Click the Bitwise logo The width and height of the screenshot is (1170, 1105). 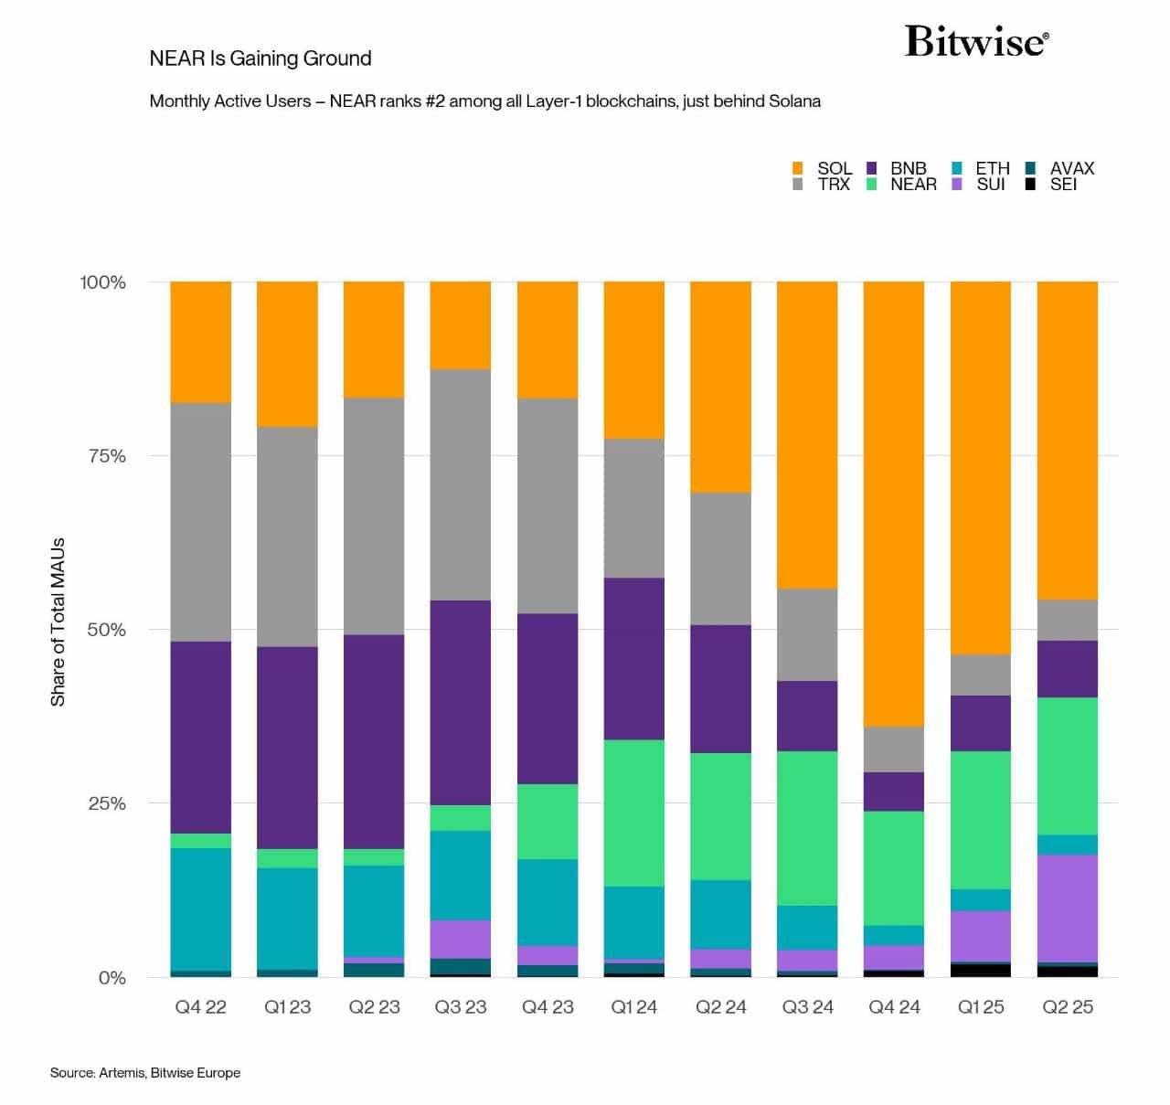point(976,42)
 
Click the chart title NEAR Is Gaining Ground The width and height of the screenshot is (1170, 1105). point(261,58)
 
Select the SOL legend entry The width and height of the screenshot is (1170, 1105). point(822,168)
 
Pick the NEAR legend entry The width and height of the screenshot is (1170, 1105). point(901,185)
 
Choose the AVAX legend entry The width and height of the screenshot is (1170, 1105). point(1060,168)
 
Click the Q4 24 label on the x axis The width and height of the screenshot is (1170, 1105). point(894,1007)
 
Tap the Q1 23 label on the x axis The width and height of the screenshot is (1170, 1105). point(287,1007)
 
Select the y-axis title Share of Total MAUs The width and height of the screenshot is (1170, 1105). point(58,622)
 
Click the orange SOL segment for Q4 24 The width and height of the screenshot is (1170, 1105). point(894,503)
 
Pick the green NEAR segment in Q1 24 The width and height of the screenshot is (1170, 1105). point(633,813)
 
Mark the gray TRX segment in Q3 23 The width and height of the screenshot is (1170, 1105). point(461,484)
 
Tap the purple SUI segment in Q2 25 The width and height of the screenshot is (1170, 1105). point(1068,908)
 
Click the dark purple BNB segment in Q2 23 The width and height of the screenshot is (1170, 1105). point(374,741)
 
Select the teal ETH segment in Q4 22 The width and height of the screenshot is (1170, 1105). point(201,908)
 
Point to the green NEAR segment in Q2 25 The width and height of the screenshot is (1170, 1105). point(1068,766)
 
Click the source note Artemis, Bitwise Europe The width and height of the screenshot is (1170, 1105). point(145,1072)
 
